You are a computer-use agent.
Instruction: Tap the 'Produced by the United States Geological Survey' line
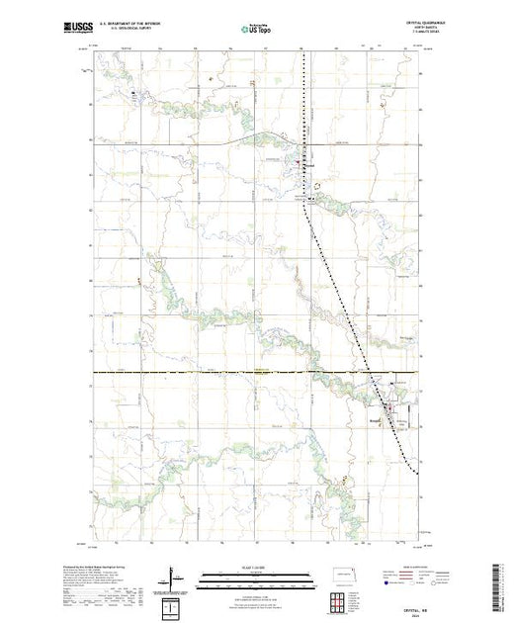[x=118, y=567]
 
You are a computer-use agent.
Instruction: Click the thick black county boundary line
[x=198, y=373]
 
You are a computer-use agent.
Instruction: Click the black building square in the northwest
[x=132, y=93]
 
